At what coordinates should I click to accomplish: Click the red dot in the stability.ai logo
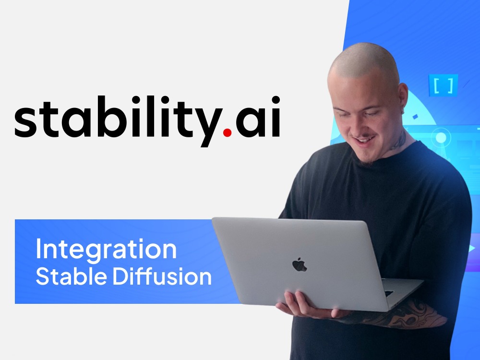point(227,133)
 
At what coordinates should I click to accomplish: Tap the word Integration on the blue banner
point(106,250)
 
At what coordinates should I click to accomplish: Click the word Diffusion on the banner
point(163,277)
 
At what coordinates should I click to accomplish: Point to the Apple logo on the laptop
point(299,264)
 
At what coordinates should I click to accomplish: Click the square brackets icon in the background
point(443,85)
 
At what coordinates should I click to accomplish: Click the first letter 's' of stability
point(26,123)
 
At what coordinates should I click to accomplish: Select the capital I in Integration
point(39,250)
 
